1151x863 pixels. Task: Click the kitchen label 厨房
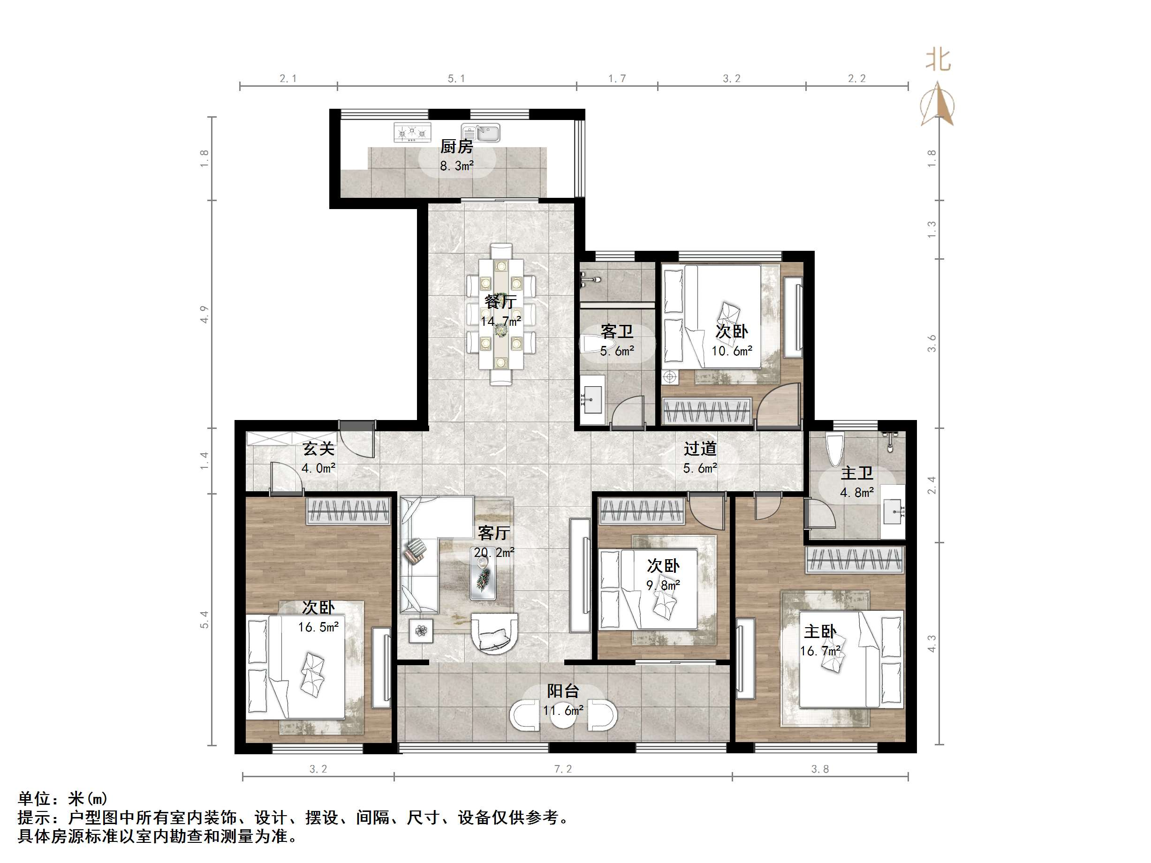(x=456, y=147)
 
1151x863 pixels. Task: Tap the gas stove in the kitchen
(x=412, y=133)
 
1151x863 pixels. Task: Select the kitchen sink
(x=481, y=133)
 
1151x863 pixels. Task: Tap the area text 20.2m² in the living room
(x=494, y=553)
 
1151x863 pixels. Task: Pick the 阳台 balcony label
(x=563, y=691)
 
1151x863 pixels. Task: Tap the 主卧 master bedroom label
(x=819, y=632)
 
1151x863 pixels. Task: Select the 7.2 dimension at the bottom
(x=563, y=769)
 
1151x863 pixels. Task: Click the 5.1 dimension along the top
(x=456, y=79)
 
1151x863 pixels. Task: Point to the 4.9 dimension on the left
(x=204, y=315)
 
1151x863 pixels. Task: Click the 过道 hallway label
(x=700, y=449)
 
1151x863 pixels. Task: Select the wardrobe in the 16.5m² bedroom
(x=348, y=510)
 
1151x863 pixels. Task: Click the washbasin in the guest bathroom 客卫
(x=592, y=399)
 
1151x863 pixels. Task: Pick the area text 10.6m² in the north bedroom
(x=732, y=351)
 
